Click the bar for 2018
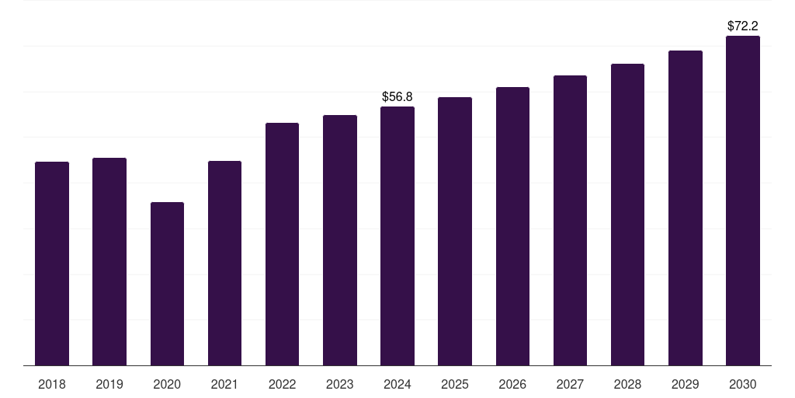[52, 264]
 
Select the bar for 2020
[167, 284]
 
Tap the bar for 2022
[282, 244]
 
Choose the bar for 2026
[512, 226]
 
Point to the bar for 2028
[627, 215]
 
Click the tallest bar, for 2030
[743, 201]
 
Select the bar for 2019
[109, 262]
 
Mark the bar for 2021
[224, 264]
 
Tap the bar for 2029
[686, 208]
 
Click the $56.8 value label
[397, 96]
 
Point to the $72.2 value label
[743, 26]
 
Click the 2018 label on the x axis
[52, 384]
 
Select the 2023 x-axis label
[340, 384]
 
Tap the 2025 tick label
[455, 384]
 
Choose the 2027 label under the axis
[570, 384]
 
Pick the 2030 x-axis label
[743, 384]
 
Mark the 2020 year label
[167, 384]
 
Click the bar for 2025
[455, 231]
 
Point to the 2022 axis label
[282, 384]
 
